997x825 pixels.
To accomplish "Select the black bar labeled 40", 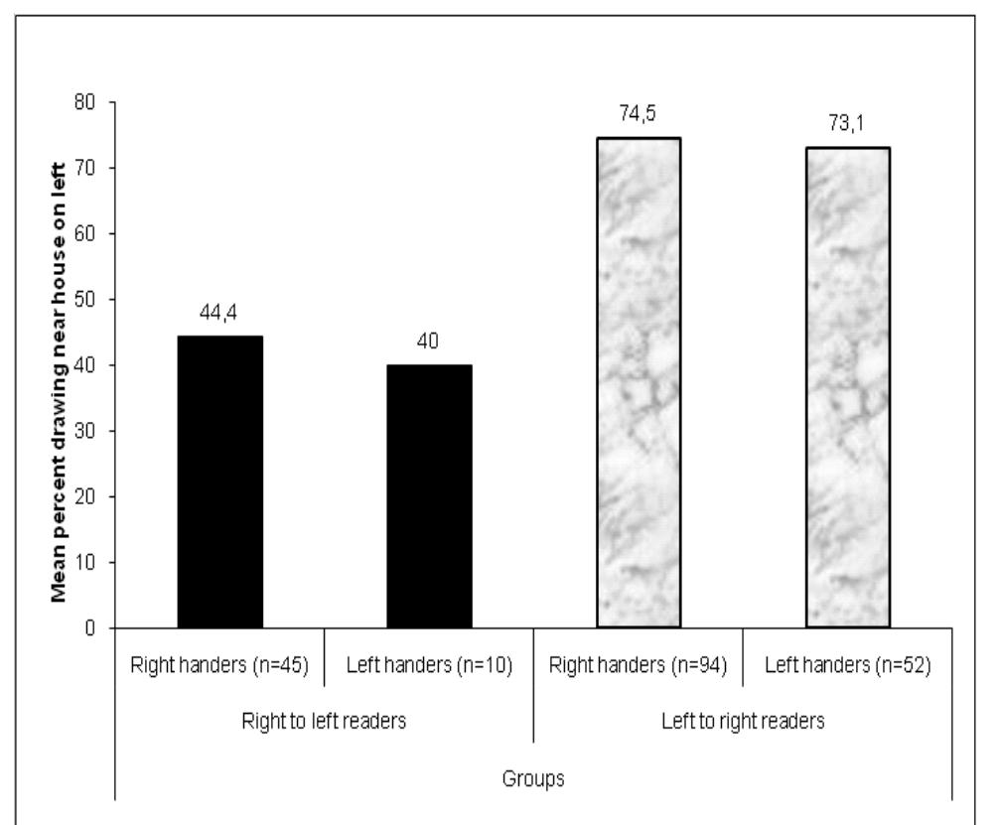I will pos(430,496).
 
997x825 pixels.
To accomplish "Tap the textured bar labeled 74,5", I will pos(639,382).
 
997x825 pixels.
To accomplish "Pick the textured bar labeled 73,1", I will pos(848,387).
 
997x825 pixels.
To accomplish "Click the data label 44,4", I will pos(220,317).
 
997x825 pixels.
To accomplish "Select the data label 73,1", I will pos(847,127).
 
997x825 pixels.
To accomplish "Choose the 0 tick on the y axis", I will pos(99,627).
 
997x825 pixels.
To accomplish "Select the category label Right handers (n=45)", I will pos(220,665).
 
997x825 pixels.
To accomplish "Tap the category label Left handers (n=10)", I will pos(430,665).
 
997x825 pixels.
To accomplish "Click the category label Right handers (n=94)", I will pos(639,665).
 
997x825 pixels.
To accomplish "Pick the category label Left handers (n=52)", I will pos(848,665).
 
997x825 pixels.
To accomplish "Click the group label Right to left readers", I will pos(325,722).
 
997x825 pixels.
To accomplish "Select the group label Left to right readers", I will pos(743,722).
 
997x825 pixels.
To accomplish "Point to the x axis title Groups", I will pos(534,778).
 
